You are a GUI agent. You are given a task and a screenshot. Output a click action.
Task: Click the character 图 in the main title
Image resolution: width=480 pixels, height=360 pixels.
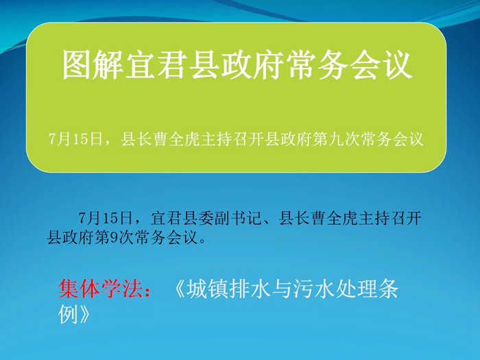tap(77, 65)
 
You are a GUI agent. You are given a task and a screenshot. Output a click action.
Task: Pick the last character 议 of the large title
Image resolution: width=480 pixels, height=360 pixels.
tap(397, 65)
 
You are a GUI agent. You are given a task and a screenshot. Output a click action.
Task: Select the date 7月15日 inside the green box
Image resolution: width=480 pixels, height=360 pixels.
tap(75, 140)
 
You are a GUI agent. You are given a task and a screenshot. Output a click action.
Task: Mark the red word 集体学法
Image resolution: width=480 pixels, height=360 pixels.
tap(100, 289)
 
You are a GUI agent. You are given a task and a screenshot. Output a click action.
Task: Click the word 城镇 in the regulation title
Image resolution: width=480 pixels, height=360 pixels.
tap(208, 289)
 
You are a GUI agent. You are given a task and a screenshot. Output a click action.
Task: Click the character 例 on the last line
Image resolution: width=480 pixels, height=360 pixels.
tap(69, 314)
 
